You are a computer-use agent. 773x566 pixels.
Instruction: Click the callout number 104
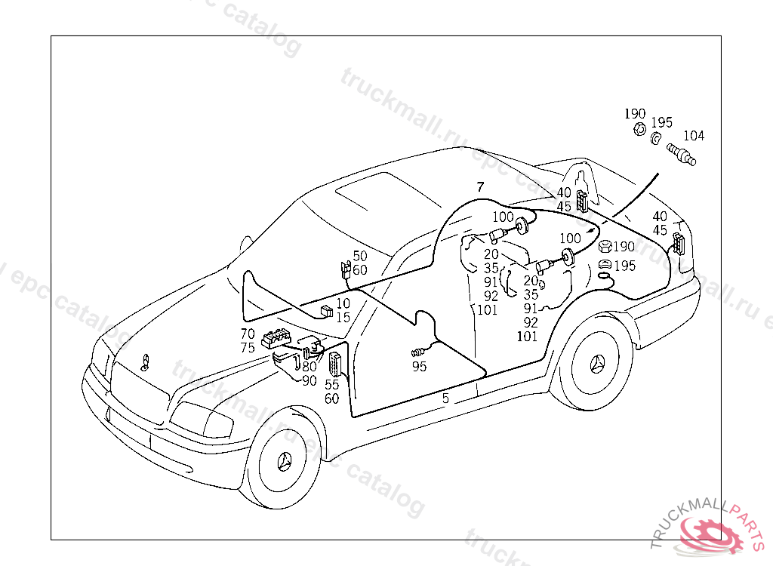click(693, 136)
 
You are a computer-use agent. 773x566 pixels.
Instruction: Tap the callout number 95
click(419, 366)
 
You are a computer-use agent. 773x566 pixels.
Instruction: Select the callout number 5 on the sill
click(445, 398)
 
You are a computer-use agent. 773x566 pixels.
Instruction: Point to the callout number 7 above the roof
click(479, 186)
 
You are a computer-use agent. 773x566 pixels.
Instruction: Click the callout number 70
click(248, 334)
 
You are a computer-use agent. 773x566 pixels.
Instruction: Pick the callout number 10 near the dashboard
click(343, 303)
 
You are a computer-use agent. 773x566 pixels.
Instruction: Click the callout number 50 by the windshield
click(360, 257)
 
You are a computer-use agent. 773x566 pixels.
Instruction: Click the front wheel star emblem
click(285, 462)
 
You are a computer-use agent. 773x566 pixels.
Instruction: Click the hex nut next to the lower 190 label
click(604, 246)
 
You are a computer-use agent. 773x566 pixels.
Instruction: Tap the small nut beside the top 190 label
click(638, 130)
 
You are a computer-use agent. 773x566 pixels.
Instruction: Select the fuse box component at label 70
click(278, 339)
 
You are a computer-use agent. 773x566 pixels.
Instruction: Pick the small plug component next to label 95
click(417, 352)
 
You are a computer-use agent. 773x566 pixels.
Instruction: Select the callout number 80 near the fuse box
click(310, 367)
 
